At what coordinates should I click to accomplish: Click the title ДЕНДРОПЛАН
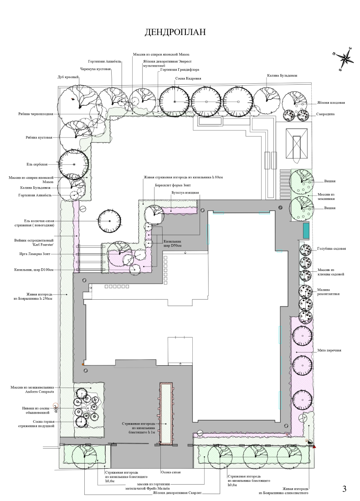click(x=175, y=32)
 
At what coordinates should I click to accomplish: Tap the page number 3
click(x=344, y=489)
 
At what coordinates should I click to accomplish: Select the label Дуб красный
click(x=68, y=77)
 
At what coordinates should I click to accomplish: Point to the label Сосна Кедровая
click(x=188, y=78)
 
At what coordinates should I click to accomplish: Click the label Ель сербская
click(x=37, y=164)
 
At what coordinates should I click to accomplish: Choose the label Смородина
click(x=325, y=114)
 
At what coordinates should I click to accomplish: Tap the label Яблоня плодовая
click(x=331, y=102)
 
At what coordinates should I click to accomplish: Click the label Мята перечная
click(x=329, y=350)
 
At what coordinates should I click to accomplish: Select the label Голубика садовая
click(x=332, y=248)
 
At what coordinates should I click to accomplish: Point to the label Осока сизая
click(x=170, y=472)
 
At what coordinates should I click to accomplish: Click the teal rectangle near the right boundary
click(x=306, y=230)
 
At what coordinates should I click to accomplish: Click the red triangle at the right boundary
click(x=314, y=447)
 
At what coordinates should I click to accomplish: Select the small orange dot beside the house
click(x=83, y=364)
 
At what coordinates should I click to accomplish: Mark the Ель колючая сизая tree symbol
click(x=110, y=221)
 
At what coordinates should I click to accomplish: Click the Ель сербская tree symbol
click(x=74, y=164)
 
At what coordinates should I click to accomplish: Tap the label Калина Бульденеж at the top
click(x=282, y=76)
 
